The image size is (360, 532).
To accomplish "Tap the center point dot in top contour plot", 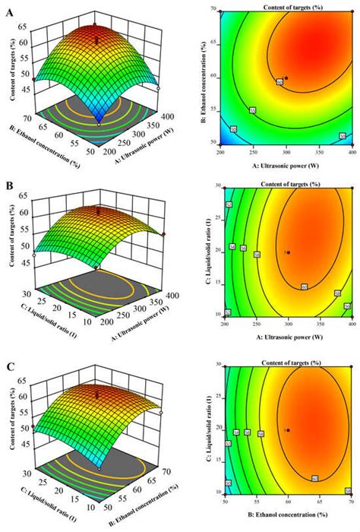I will click(286, 77).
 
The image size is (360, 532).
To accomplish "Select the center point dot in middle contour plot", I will click(287, 252).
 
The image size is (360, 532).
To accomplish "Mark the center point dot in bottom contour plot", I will click(287, 429).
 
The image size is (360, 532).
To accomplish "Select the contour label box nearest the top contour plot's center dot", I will click(279, 81).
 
